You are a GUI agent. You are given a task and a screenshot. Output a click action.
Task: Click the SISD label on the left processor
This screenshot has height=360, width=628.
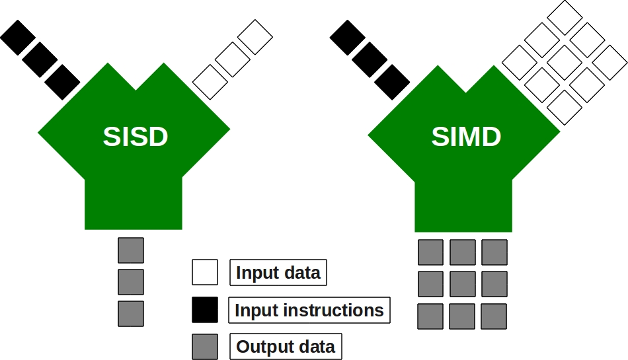[x=136, y=137]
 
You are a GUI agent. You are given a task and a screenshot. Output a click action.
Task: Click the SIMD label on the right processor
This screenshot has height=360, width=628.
[x=466, y=137]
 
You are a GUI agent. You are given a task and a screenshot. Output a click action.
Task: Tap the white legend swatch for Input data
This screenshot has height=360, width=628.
[x=205, y=272]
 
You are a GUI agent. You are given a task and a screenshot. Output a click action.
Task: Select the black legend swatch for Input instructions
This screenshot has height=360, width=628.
[x=205, y=310]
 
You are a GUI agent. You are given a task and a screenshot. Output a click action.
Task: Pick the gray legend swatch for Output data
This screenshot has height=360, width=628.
[x=205, y=346]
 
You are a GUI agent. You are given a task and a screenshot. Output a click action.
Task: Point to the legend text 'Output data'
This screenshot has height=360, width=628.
[x=286, y=346]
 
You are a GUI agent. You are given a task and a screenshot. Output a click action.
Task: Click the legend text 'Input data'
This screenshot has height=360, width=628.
[x=278, y=272]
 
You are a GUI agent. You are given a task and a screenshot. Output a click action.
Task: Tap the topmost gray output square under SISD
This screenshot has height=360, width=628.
[x=131, y=250]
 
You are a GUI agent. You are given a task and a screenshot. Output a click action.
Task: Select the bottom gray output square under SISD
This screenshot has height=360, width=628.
[x=131, y=313]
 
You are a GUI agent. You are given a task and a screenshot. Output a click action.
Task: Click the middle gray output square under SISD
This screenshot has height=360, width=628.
[x=131, y=282]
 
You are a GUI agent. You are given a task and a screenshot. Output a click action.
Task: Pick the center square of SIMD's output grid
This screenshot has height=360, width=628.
[x=463, y=284]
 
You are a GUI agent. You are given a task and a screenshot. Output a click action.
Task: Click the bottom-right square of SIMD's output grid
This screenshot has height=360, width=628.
[x=494, y=316]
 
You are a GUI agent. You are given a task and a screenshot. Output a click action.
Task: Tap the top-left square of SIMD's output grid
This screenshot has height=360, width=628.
[x=431, y=252]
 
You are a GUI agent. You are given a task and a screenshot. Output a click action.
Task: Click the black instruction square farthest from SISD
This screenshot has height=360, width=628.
[x=18, y=37]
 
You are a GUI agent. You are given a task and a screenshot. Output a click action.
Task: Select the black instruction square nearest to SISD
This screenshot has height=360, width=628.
[x=63, y=82]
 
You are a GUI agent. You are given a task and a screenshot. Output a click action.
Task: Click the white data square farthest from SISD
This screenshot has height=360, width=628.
[x=255, y=37]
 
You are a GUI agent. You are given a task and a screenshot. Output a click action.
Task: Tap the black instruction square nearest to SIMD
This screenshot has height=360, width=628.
[x=392, y=82]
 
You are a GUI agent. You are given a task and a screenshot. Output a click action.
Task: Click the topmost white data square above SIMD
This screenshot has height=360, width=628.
[x=565, y=18]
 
